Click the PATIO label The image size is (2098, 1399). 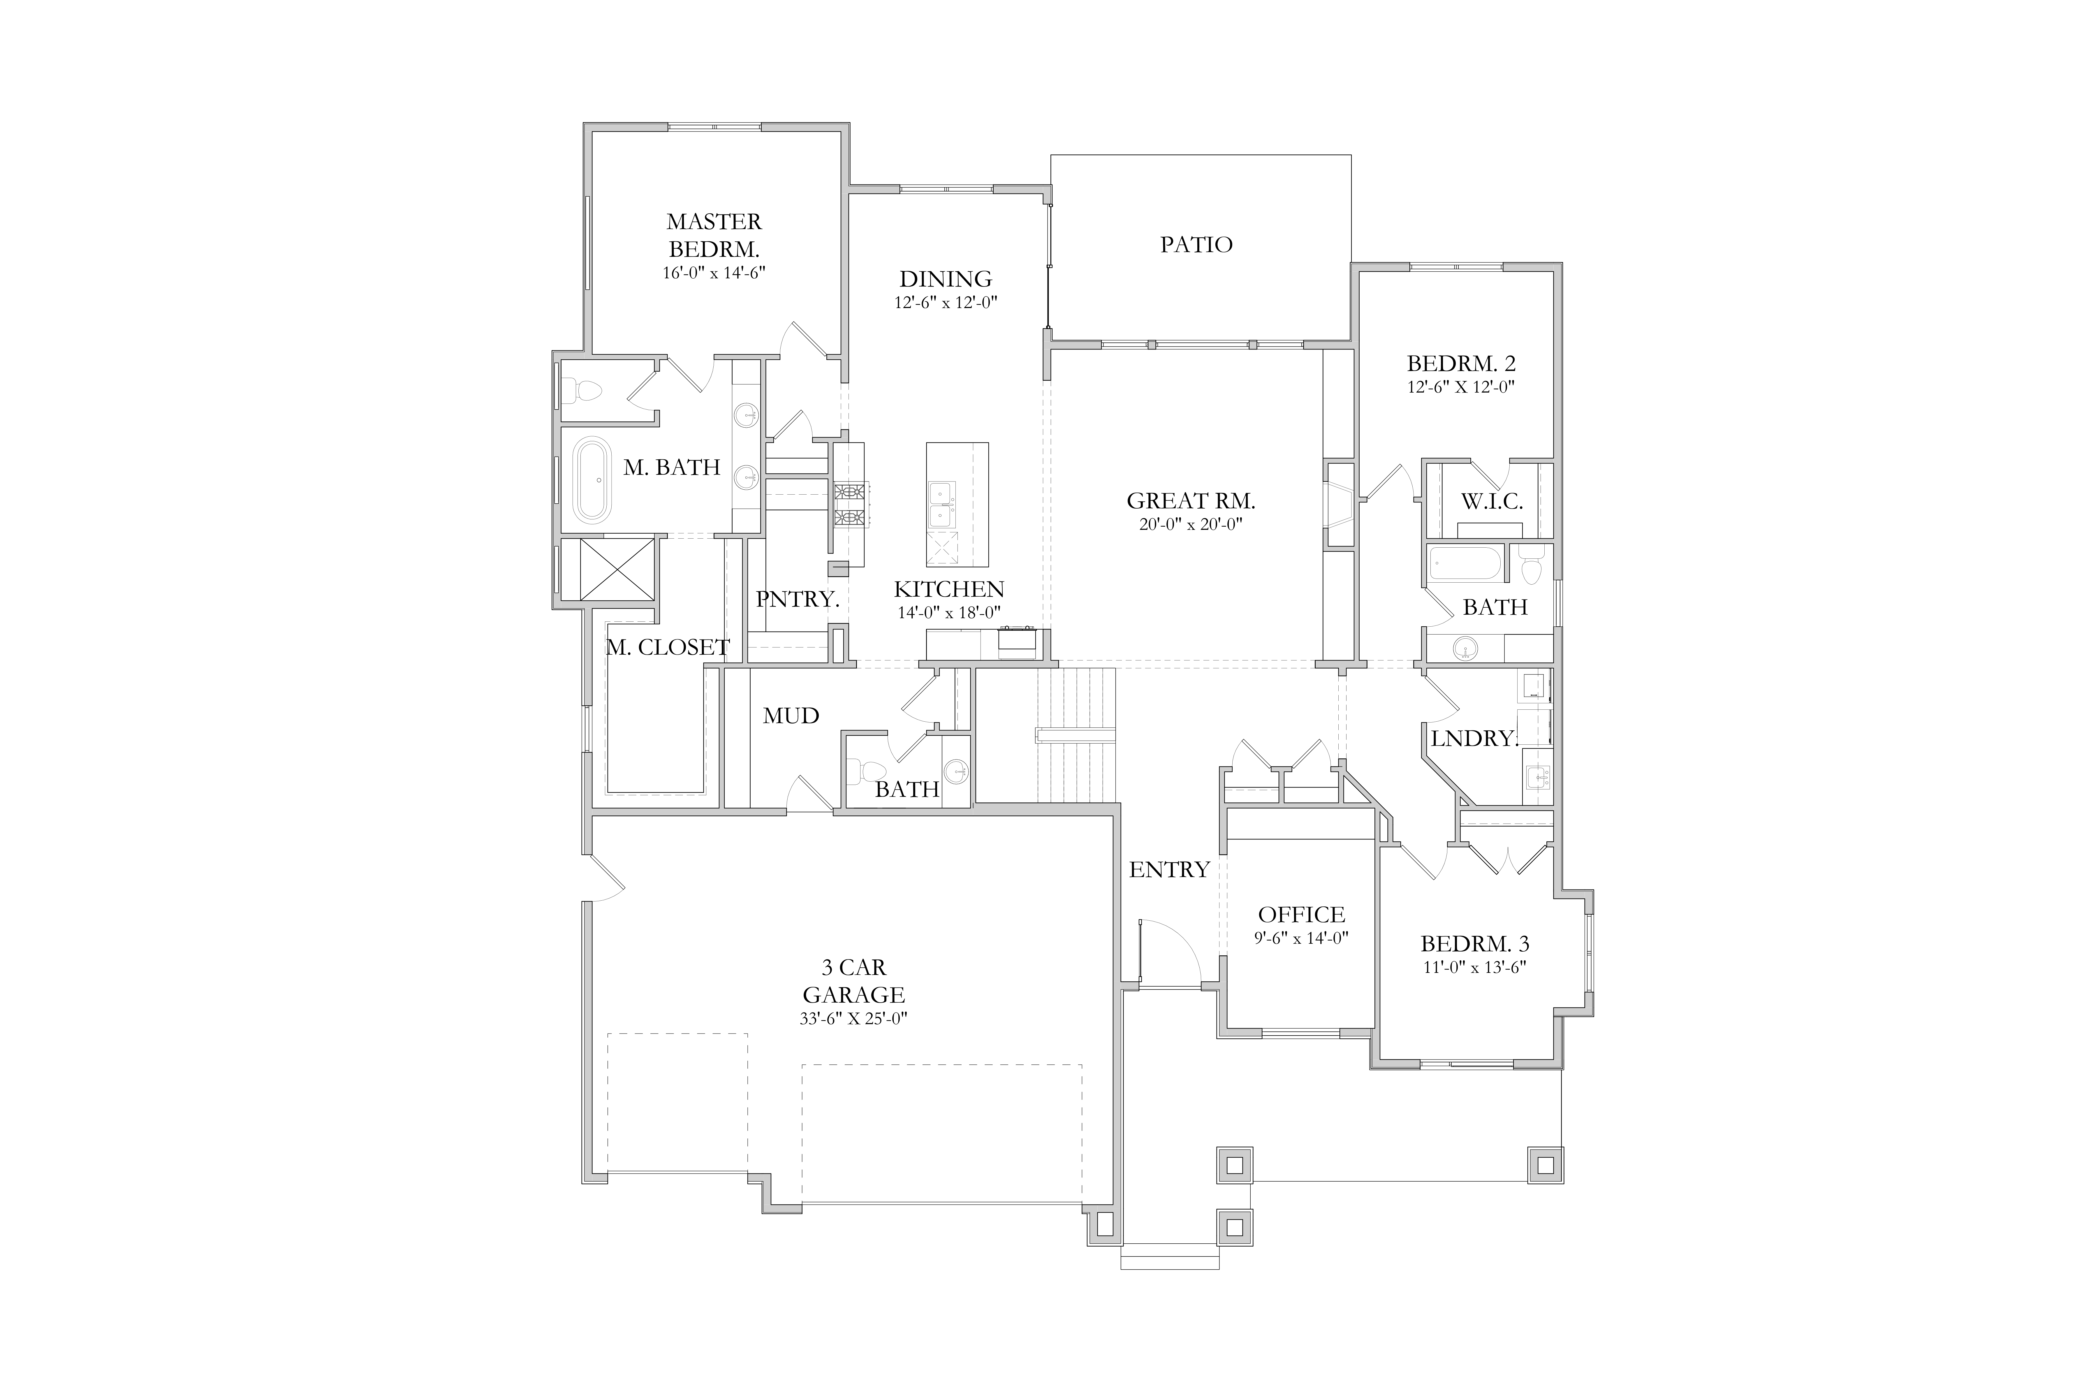[1196, 245]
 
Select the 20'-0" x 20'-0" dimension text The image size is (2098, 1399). [1191, 525]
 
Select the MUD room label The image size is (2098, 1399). [791, 716]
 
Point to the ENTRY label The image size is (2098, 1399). [1169, 870]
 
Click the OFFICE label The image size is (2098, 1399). [1301, 915]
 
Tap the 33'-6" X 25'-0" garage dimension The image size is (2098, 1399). [854, 1019]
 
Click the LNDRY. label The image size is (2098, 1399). [1474, 739]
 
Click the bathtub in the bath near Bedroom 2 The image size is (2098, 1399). [1465, 564]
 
